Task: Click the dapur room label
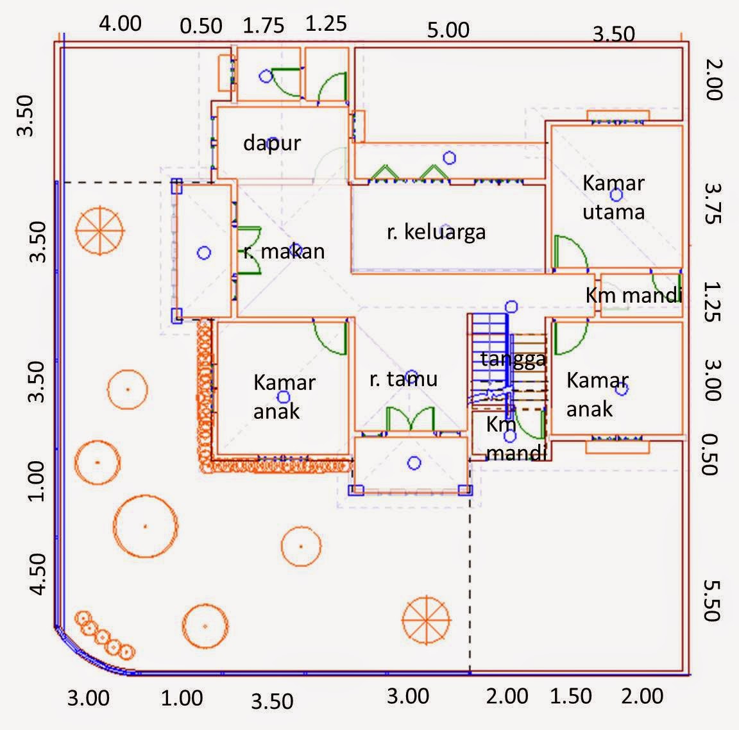(272, 142)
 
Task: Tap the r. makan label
(284, 251)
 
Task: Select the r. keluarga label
(436, 232)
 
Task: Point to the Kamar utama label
(613, 197)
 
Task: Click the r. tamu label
(403, 379)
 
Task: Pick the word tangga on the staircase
(513, 359)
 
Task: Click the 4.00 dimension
(120, 24)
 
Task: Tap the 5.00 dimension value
(449, 30)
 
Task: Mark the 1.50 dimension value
(571, 696)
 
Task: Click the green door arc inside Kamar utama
(571, 253)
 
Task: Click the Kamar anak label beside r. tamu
(284, 396)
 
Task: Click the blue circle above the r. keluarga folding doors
(450, 157)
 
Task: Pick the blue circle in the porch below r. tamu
(414, 463)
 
